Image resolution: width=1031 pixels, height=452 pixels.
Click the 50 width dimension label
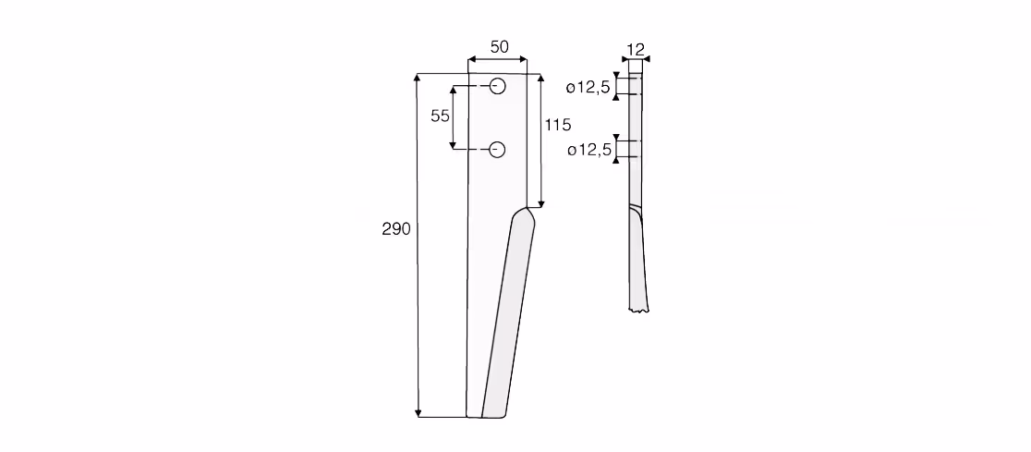(499, 47)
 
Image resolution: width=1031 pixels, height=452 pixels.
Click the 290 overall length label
(395, 229)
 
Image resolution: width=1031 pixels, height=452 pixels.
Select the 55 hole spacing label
(440, 116)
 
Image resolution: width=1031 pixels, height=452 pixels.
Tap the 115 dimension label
(558, 125)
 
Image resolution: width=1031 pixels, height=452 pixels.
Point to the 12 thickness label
(636, 49)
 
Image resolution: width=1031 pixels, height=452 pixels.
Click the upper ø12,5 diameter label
(588, 88)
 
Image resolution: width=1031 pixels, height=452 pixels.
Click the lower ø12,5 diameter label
(589, 151)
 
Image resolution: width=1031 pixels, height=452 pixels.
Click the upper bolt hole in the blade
(498, 86)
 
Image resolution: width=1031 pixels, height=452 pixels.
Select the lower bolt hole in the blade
(498, 150)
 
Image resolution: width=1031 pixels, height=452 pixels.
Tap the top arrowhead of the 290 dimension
(418, 78)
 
